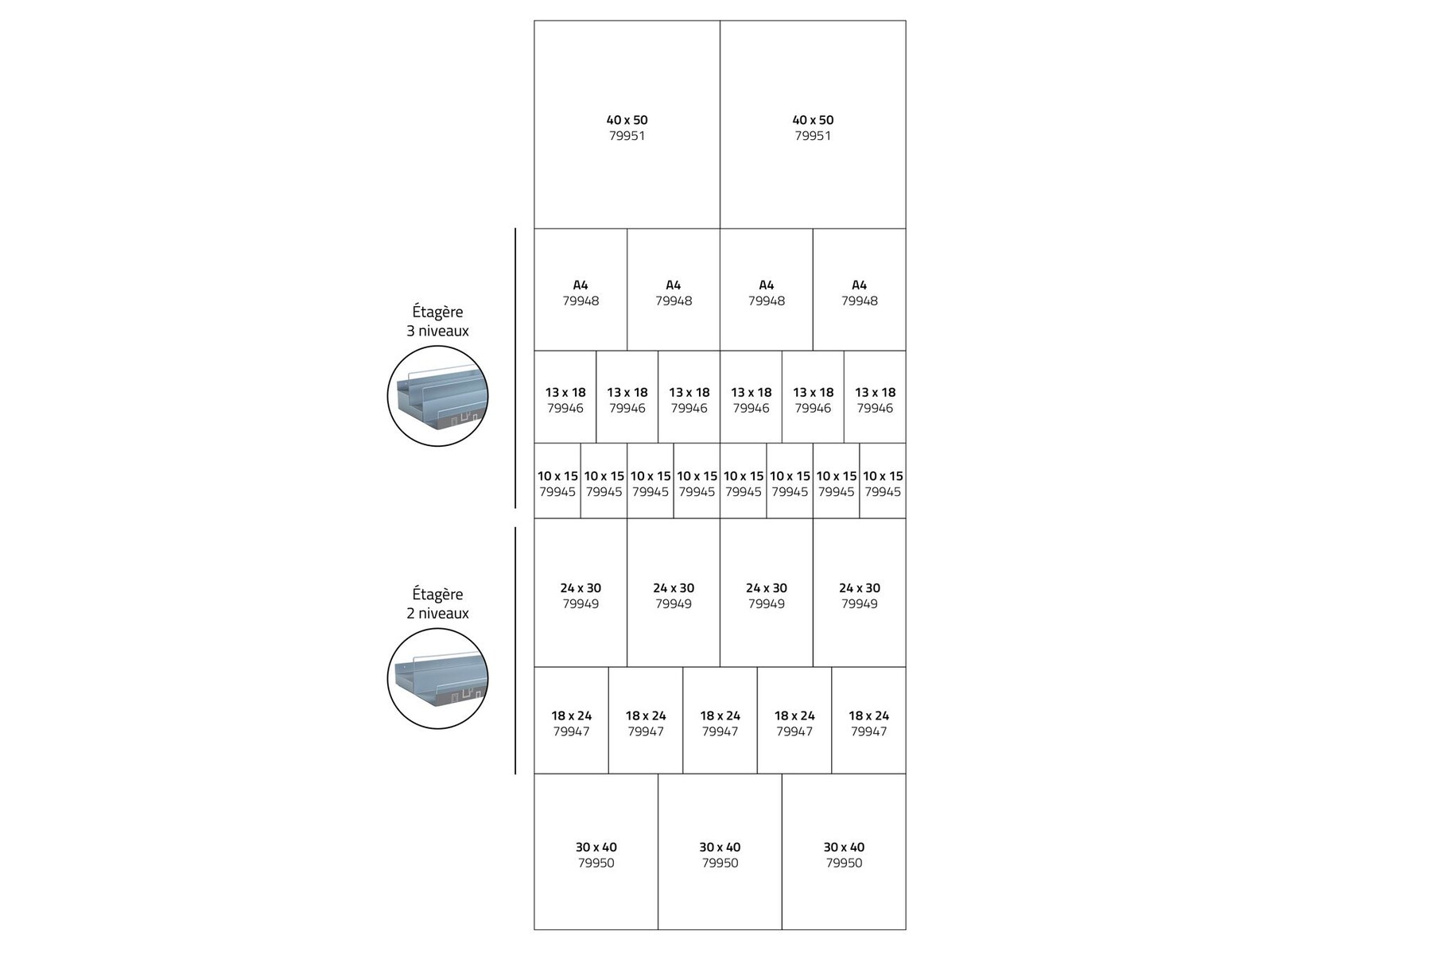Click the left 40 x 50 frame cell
[627, 125]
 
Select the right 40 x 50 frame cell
[813, 125]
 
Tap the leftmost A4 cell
[581, 290]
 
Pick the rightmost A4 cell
[860, 290]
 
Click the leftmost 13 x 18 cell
[565, 397]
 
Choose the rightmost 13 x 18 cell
[875, 397]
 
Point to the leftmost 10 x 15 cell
[557, 481]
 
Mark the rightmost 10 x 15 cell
[883, 481]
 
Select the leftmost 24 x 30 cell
[581, 592]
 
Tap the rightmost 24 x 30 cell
[860, 592]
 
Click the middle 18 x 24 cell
[720, 720]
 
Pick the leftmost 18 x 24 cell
[571, 720]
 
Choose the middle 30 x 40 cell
[720, 851]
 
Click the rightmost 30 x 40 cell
[844, 851]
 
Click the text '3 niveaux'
[437, 331]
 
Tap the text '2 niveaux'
[437, 613]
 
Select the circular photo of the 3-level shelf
[437, 396]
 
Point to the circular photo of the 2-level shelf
[437, 678]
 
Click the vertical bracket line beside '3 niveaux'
[515, 368]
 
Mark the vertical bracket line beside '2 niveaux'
[515, 650]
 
